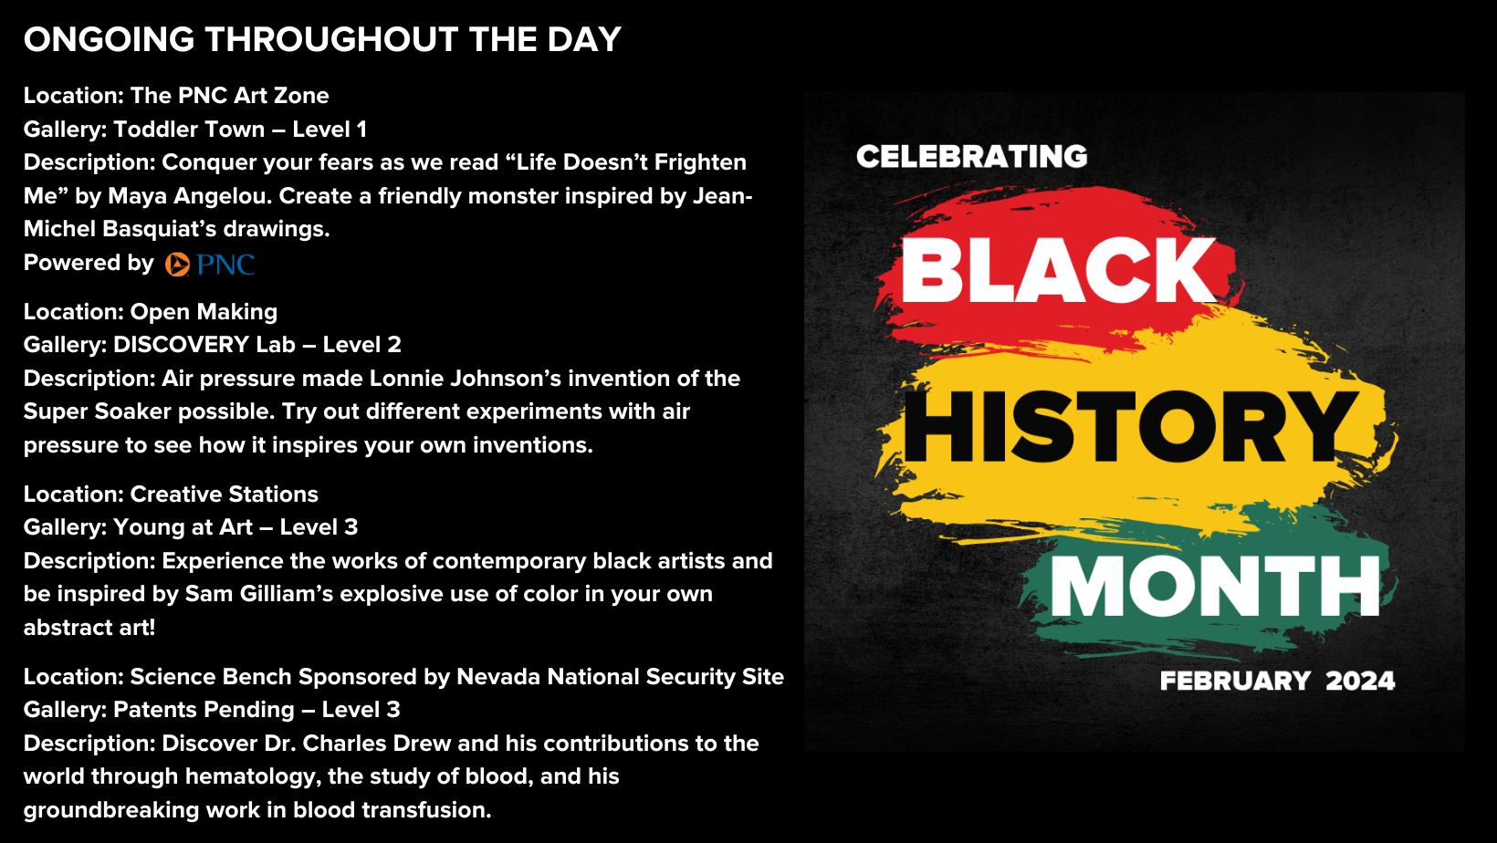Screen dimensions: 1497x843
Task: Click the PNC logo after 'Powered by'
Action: pos(210,265)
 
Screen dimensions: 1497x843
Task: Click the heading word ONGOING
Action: pos(109,39)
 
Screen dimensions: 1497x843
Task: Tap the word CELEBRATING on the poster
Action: pos(972,157)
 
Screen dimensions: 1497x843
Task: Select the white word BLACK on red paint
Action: pos(1059,271)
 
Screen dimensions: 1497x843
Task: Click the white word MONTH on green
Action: pos(1216,586)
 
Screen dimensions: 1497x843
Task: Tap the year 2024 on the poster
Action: pos(1360,682)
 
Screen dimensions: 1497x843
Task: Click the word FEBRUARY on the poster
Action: pos(1235,682)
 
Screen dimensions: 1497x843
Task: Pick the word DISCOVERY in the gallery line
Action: pos(181,345)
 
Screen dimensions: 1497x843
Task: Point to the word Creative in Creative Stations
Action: pos(173,494)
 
